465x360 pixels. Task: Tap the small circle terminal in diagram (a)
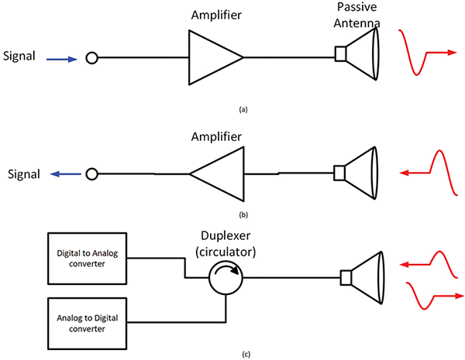91,58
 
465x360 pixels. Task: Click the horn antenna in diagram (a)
360,53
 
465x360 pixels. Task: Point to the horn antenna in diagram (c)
365,276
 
